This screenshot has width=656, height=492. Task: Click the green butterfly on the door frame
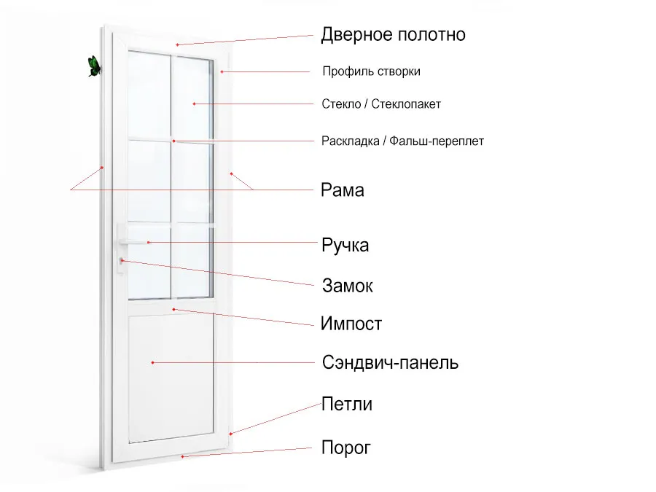click(x=95, y=66)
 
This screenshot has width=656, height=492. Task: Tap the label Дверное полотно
click(x=394, y=35)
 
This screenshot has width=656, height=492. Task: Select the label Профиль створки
click(x=371, y=71)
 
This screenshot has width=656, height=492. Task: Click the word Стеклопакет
click(x=406, y=104)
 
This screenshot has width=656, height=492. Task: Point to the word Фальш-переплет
click(x=437, y=141)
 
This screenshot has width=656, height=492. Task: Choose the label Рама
click(x=343, y=190)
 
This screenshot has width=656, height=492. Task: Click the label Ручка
click(x=345, y=245)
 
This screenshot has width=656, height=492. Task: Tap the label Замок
click(x=347, y=286)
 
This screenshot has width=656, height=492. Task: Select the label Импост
click(x=351, y=324)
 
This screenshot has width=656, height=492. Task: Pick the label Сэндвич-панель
click(x=390, y=363)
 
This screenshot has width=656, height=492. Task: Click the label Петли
click(x=347, y=404)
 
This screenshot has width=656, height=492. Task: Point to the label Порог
click(x=346, y=448)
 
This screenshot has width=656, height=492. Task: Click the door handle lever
click(x=133, y=242)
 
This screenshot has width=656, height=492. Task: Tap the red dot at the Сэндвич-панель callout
click(x=153, y=362)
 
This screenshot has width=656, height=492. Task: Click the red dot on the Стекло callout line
click(x=194, y=104)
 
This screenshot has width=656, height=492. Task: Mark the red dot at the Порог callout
click(x=182, y=456)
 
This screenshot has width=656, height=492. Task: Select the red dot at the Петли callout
click(x=230, y=434)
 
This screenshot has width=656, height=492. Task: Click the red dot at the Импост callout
click(x=173, y=310)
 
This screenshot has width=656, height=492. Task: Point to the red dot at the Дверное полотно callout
click(x=177, y=44)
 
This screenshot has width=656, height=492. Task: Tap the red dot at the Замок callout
click(x=122, y=261)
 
